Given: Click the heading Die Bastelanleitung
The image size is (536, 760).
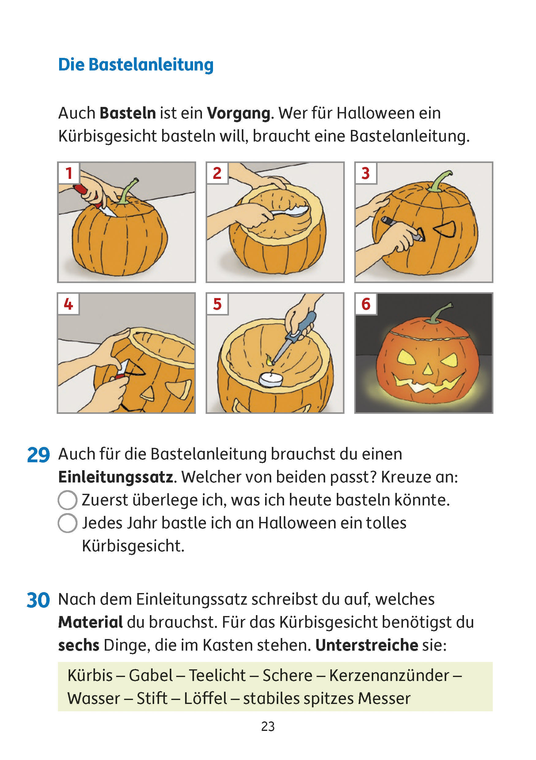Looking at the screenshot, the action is point(136,65).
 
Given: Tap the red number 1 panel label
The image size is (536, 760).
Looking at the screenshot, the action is point(69,173).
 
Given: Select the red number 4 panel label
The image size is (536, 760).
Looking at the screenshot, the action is point(68,304).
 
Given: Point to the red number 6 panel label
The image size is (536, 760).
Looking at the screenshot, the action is point(366,304).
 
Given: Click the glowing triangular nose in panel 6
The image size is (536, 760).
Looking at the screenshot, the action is point(428,369).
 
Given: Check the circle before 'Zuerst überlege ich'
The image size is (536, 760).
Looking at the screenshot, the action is point(67,500).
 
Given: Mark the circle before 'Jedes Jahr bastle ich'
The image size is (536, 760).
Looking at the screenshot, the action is point(67,523).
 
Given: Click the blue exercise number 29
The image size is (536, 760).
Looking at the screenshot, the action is point(38,455).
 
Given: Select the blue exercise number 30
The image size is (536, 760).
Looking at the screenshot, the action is point(38,600).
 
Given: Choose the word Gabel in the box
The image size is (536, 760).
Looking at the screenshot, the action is point(151,675).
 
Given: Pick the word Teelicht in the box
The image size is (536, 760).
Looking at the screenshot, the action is point(218,675).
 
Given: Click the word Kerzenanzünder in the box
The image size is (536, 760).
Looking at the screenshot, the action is point(389,675).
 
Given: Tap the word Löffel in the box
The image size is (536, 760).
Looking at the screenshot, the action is point(206,699).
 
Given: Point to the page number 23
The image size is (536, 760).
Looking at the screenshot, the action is point(268,727).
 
